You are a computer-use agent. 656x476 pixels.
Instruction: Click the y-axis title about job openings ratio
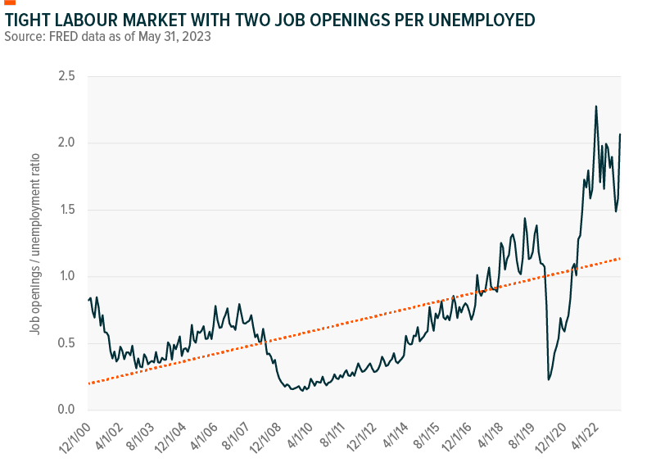tap(34, 243)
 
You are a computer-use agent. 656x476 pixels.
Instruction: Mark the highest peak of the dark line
tap(595, 106)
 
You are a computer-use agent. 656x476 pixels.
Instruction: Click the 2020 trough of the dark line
tap(548, 379)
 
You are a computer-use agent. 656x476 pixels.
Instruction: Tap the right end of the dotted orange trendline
tap(620, 259)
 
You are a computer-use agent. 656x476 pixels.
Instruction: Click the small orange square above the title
tap(10, 2)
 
